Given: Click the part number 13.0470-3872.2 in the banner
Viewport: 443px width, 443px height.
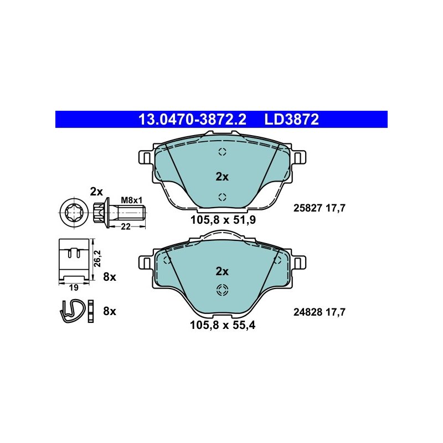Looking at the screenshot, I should (x=192, y=119).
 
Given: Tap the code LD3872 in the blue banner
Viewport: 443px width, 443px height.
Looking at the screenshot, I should (x=292, y=119).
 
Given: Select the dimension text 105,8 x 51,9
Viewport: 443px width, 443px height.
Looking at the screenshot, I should (x=223, y=220).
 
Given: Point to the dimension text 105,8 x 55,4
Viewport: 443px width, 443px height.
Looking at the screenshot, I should (x=223, y=326).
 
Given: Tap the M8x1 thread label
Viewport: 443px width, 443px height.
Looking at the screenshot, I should (x=132, y=200).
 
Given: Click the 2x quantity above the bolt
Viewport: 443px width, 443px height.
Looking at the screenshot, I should (x=96, y=192).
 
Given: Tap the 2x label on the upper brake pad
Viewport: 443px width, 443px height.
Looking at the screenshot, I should (x=222, y=177).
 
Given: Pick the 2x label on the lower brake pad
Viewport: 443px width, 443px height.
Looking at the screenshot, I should (x=222, y=271).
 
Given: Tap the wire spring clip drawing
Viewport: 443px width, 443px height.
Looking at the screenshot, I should (x=74, y=310).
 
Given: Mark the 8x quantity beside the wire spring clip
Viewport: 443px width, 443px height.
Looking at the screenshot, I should (x=109, y=311).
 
